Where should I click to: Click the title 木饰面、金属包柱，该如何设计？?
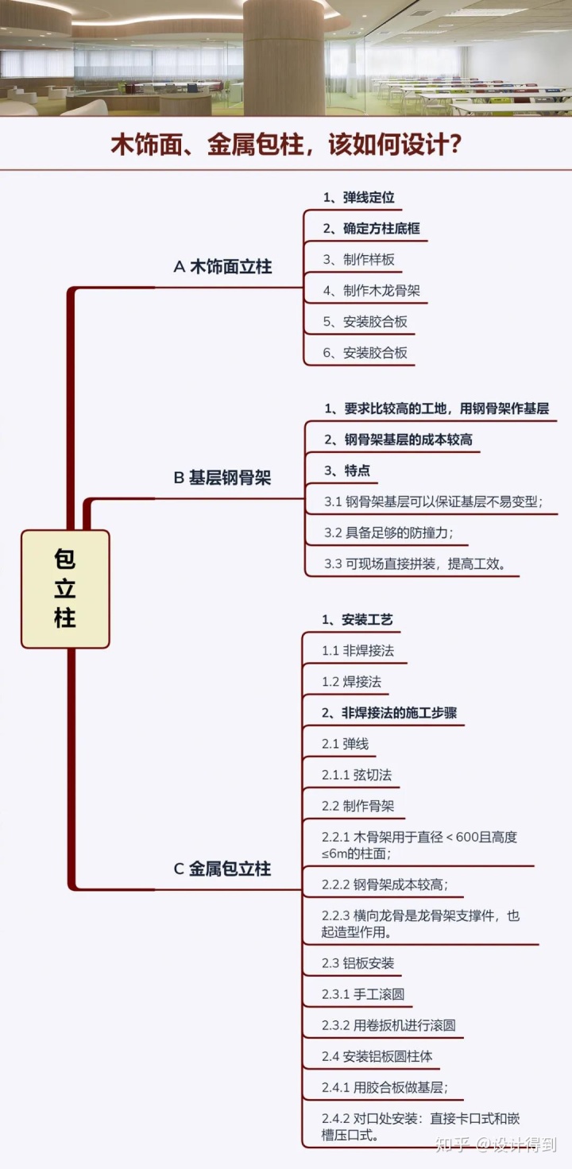click(x=286, y=145)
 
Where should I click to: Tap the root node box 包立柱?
click(x=65, y=588)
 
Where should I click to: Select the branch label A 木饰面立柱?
click(x=222, y=267)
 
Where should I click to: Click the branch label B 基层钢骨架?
click(x=222, y=478)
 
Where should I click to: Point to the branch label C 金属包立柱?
click(x=222, y=869)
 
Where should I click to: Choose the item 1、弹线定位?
click(x=358, y=197)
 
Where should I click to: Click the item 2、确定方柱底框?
click(x=371, y=228)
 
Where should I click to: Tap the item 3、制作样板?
click(x=358, y=259)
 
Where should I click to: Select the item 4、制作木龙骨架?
click(x=371, y=290)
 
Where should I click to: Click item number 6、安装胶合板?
click(x=365, y=352)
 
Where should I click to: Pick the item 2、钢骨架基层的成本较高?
click(x=398, y=439)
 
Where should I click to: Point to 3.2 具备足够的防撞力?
click(x=388, y=532)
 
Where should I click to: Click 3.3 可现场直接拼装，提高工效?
click(x=415, y=563)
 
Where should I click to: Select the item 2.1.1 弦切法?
click(x=356, y=775)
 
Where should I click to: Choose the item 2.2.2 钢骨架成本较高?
click(x=389, y=884)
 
